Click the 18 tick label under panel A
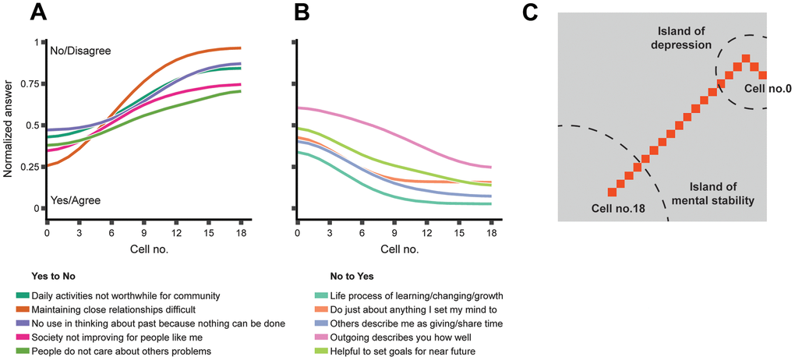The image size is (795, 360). pyautogui.click(x=241, y=233)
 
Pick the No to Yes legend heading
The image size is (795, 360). pyautogui.click(x=348, y=277)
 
